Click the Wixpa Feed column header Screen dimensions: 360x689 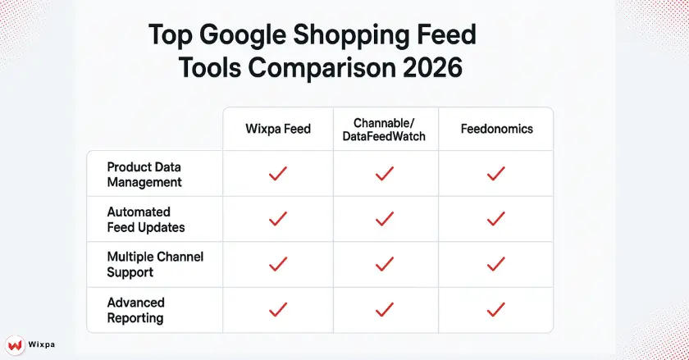[x=278, y=129]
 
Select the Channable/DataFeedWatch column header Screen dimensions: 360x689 [x=385, y=129]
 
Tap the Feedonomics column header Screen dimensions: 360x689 [x=495, y=129]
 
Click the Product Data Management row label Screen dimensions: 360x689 [x=144, y=174]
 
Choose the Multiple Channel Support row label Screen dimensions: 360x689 [x=155, y=264]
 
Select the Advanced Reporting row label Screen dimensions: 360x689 [x=136, y=309]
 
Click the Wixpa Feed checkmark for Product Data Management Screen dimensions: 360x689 [x=278, y=174]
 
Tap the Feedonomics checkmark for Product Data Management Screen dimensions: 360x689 [x=495, y=174]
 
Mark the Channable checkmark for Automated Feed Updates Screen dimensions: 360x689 [x=385, y=219]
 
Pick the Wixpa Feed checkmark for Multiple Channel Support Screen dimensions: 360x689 [x=278, y=264]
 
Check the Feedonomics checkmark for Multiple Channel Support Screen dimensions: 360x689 [x=495, y=264]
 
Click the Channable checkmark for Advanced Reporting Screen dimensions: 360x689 [x=385, y=309]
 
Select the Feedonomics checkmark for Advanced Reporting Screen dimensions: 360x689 [x=495, y=309]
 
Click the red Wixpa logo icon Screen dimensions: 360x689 [x=15, y=344]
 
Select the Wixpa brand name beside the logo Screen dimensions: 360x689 [x=42, y=345]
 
